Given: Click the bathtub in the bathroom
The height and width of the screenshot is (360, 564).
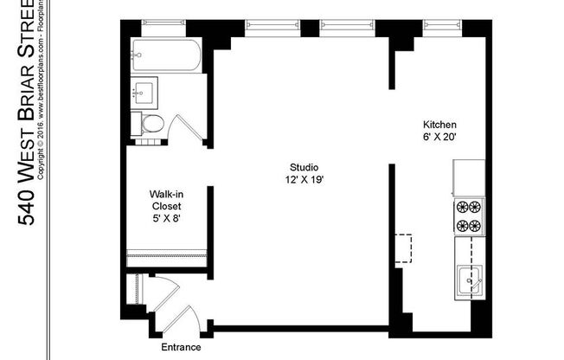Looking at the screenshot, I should (x=167, y=56).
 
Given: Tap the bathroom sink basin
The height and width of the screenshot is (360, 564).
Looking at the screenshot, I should (x=144, y=90).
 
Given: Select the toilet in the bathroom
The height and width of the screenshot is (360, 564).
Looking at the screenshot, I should (x=151, y=123).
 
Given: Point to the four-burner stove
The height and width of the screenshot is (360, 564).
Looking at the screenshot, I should (x=469, y=216).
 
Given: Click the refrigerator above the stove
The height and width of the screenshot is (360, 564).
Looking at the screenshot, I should (x=469, y=178).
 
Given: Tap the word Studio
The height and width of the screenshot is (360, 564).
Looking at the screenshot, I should (x=304, y=168).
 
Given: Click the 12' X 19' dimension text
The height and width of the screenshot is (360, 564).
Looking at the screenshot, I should (x=304, y=180).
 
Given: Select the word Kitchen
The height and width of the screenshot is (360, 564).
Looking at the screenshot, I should (x=439, y=125).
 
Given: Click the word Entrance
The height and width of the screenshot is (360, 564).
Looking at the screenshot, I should (x=181, y=347).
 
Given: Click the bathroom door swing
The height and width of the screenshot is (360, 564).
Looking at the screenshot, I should (x=186, y=128).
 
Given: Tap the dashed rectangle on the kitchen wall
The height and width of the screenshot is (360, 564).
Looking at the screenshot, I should (x=404, y=247).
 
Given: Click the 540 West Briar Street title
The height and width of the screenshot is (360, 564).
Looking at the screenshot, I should (x=26, y=113).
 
